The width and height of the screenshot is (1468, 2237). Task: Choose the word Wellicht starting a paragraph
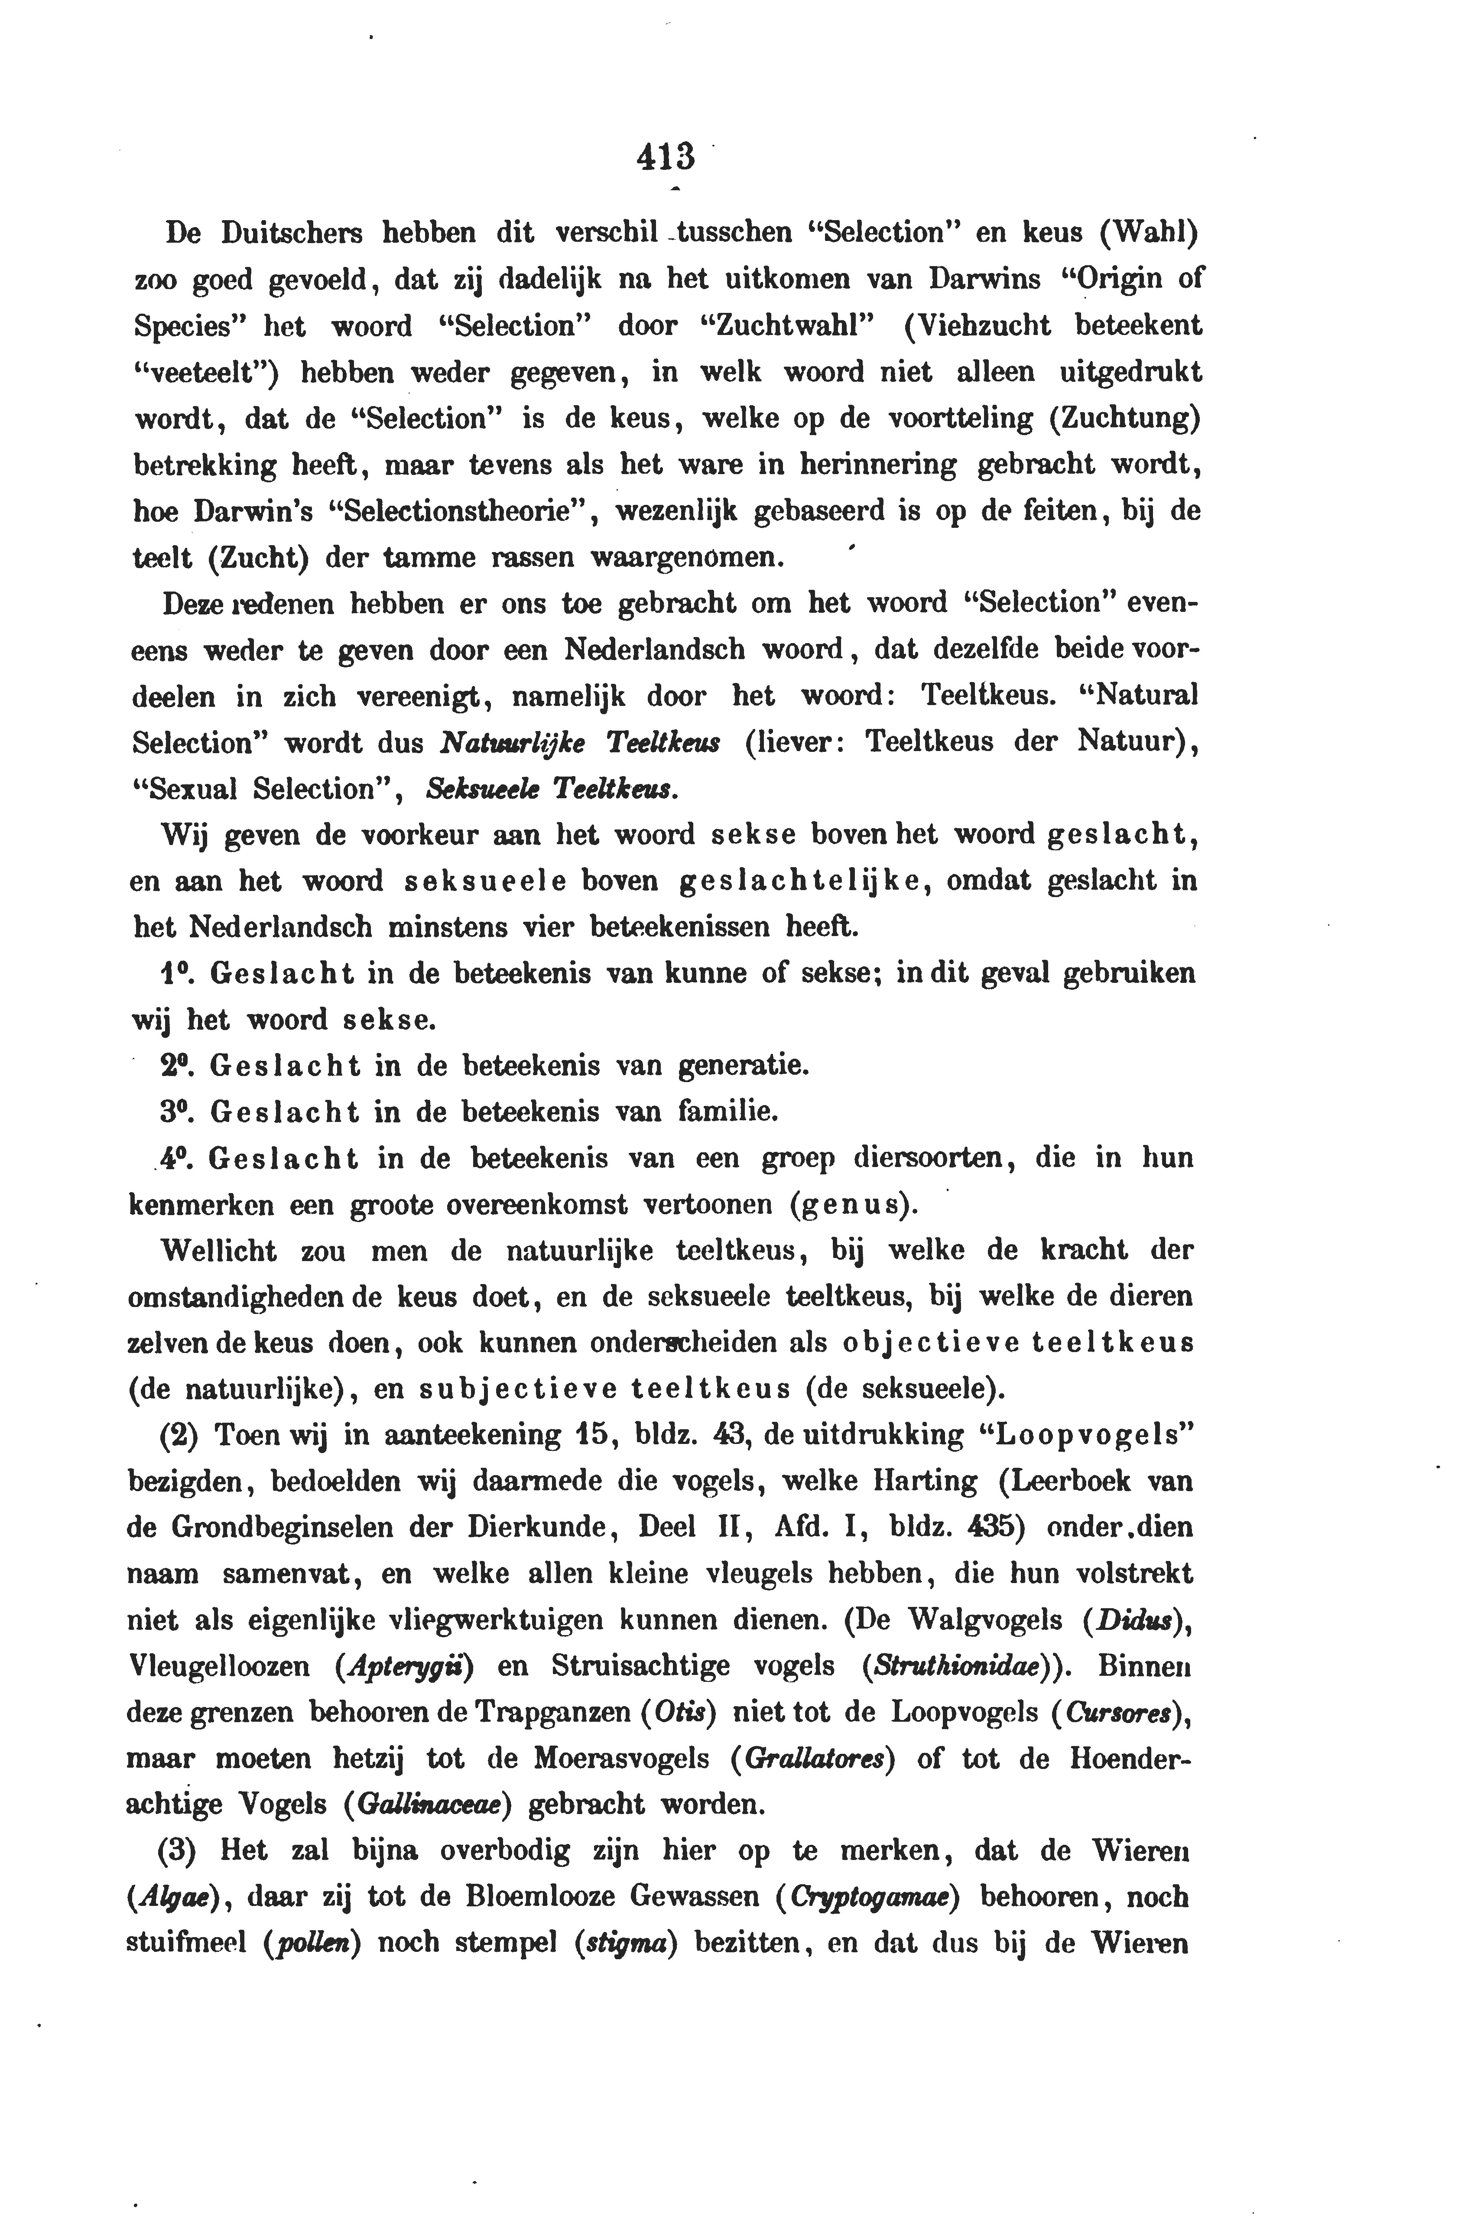(x=220, y=1251)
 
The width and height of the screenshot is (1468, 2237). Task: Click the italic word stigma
(x=625, y=1944)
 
